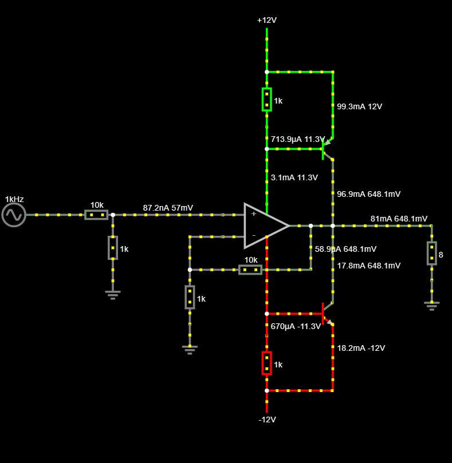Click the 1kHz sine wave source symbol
[x=14, y=215]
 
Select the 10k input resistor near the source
[x=96, y=215]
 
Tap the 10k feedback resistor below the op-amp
[x=250, y=270]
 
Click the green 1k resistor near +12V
[x=266, y=100]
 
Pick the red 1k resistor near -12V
[x=266, y=363]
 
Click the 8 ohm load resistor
[x=431, y=253]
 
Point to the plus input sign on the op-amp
[x=253, y=213]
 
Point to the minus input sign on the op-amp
[x=253, y=235]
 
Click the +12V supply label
[x=267, y=20]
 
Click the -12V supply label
[x=267, y=420]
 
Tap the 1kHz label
[x=14, y=199]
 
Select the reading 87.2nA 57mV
[x=168, y=207]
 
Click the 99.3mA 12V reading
[x=359, y=106]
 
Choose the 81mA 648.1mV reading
[x=399, y=219]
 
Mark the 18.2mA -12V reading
[x=361, y=348]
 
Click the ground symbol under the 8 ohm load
[x=431, y=305]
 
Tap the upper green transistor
[x=327, y=149]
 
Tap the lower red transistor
[x=327, y=313]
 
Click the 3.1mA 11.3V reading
[x=294, y=177]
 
